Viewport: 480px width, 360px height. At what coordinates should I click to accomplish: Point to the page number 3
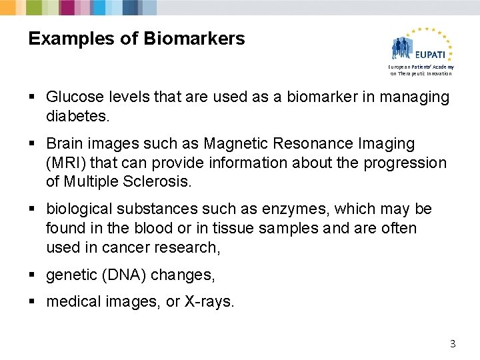point(453,344)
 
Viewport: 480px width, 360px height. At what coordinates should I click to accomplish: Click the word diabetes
point(75,116)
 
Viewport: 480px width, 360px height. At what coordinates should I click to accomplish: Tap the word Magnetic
point(235,144)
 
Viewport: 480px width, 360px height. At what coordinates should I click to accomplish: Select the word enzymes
point(293,209)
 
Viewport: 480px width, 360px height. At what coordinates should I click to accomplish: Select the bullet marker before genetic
point(33,275)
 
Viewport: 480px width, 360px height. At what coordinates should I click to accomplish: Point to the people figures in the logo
point(403,48)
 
